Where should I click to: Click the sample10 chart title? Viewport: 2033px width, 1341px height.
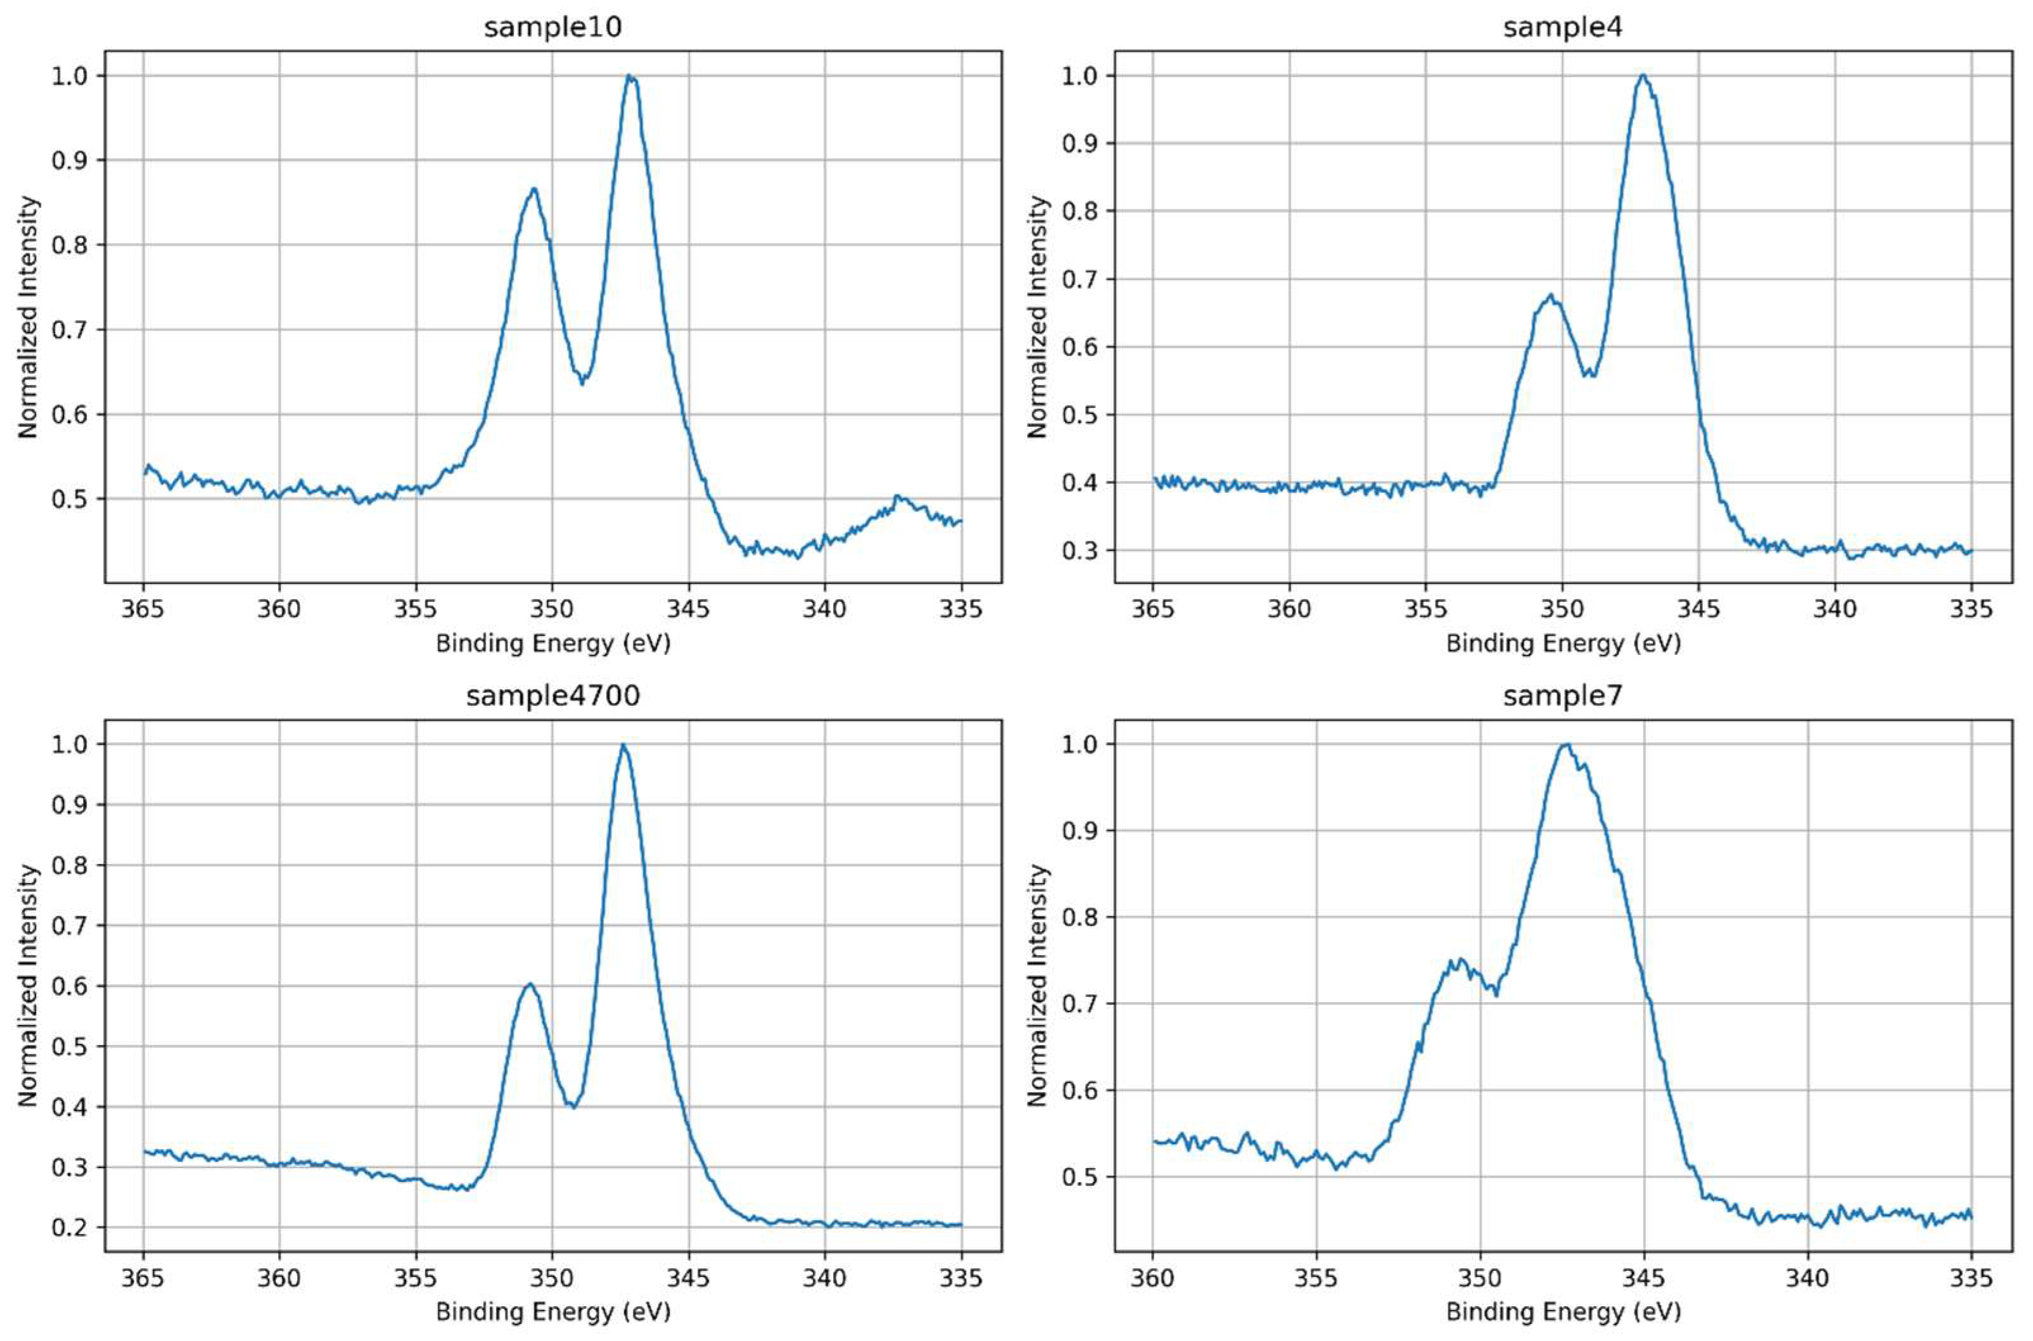552,27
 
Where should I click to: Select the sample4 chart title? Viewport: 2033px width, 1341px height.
1562,27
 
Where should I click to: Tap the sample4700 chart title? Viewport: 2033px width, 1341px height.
552,696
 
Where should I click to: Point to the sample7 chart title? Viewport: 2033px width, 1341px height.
1562,696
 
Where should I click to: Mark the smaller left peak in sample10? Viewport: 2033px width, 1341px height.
533,190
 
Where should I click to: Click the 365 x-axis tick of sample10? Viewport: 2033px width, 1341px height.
143,609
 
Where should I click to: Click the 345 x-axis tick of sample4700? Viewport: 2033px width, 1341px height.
689,1278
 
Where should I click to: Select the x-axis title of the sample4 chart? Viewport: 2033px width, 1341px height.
1562,643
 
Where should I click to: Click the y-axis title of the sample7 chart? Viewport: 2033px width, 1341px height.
1038,985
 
